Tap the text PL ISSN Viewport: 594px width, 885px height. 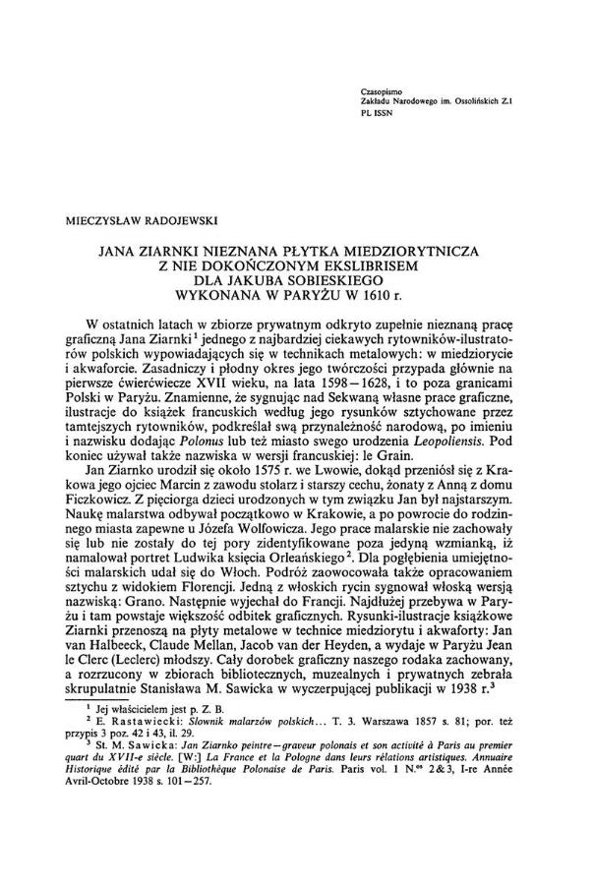[x=380, y=114]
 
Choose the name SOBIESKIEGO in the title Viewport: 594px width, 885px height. [x=346, y=279]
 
